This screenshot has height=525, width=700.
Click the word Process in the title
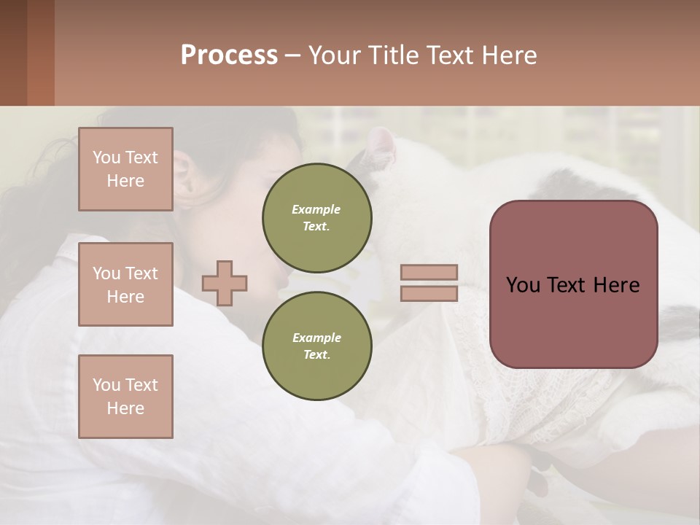click(228, 55)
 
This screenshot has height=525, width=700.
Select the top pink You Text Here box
click(125, 169)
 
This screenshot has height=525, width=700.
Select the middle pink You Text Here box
click(125, 284)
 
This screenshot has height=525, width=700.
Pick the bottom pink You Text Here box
click(125, 397)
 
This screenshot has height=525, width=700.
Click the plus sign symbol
click(225, 283)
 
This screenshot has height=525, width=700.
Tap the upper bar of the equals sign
click(429, 272)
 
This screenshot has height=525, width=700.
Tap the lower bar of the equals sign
click(429, 293)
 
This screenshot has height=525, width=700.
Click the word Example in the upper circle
click(316, 209)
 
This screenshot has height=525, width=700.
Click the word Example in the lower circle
click(316, 338)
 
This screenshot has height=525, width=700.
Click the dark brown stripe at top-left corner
click(13, 52)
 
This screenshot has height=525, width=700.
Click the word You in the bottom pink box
click(106, 385)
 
